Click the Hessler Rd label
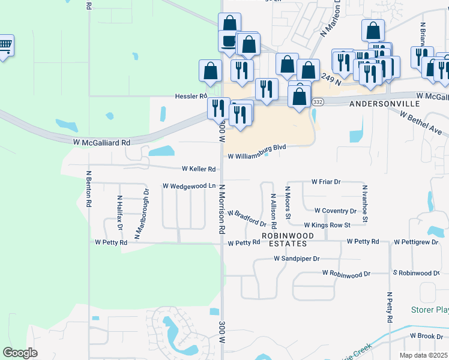point(191,96)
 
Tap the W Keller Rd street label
point(198,169)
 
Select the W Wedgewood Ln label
point(189,186)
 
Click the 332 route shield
point(318,103)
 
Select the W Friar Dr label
point(326,181)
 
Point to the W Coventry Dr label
point(335,211)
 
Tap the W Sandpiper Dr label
point(297,259)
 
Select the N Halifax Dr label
point(119,213)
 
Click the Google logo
point(20,353)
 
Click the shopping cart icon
point(5,45)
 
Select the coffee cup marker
point(229,41)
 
